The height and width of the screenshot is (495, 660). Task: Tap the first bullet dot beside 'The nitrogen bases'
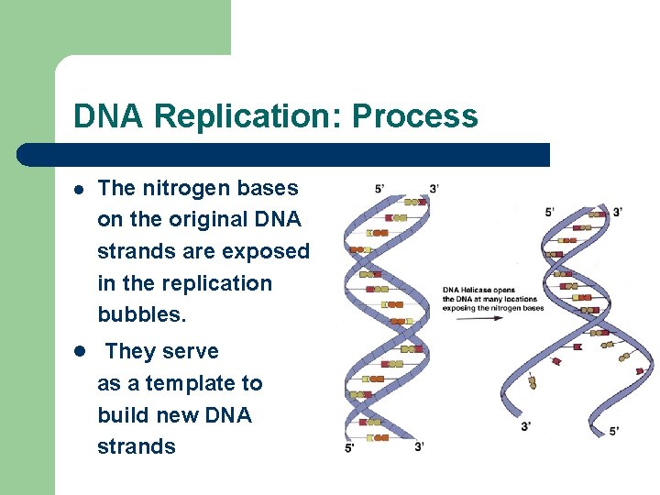click(x=80, y=189)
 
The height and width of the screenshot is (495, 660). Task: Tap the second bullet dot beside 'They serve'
click(x=80, y=352)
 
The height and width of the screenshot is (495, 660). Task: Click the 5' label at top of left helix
click(x=379, y=189)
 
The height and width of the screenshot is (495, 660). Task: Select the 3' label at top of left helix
click(x=434, y=189)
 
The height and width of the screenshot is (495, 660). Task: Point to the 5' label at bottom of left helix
click(x=350, y=447)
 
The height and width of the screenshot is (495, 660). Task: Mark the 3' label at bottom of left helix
click(x=419, y=447)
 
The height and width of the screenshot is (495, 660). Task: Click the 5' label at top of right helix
click(x=549, y=212)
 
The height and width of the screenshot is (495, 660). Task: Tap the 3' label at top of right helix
click(x=619, y=212)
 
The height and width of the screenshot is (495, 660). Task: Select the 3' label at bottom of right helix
click(x=525, y=426)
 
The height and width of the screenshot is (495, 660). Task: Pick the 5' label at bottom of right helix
click(x=613, y=430)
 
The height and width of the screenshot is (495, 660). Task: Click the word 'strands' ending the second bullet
click(x=137, y=446)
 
